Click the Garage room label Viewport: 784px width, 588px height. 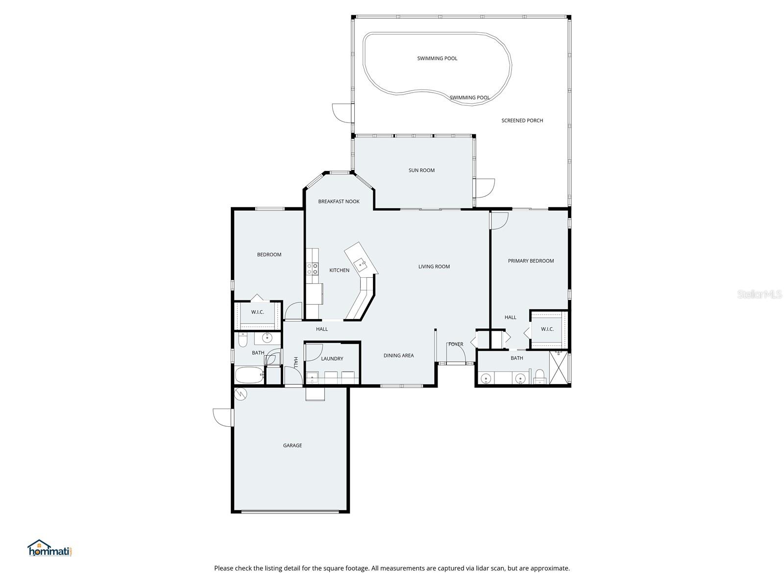(292, 445)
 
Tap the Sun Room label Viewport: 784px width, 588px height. (421, 171)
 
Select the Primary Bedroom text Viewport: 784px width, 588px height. (531, 261)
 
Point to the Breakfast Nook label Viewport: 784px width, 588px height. (339, 201)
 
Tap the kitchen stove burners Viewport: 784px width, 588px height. (312, 269)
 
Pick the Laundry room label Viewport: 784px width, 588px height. (332, 359)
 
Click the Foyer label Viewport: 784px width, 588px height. (456, 344)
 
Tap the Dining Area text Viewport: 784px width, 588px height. (398, 356)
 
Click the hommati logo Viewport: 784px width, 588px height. (50, 548)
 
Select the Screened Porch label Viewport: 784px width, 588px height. (522, 121)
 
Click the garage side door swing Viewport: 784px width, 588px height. (223, 417)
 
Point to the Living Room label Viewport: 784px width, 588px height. (434, 267)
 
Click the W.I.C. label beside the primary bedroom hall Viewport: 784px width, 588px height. (547, 329)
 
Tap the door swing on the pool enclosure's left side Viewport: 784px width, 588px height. (342, 113)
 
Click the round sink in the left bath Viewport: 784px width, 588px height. (268, 338)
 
